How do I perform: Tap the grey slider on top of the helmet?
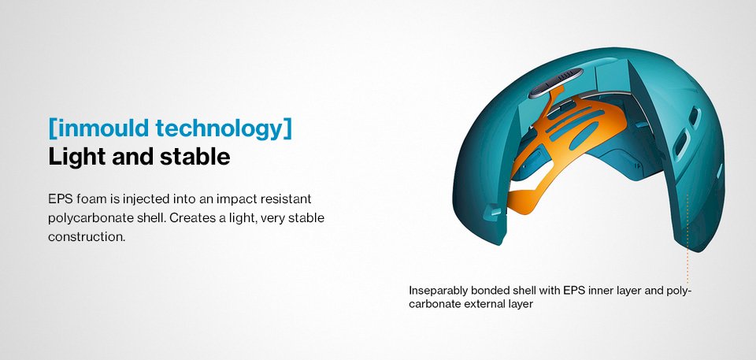pos(555,83)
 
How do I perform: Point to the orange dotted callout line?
pos(687,239)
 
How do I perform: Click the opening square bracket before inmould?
pos(52,129)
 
